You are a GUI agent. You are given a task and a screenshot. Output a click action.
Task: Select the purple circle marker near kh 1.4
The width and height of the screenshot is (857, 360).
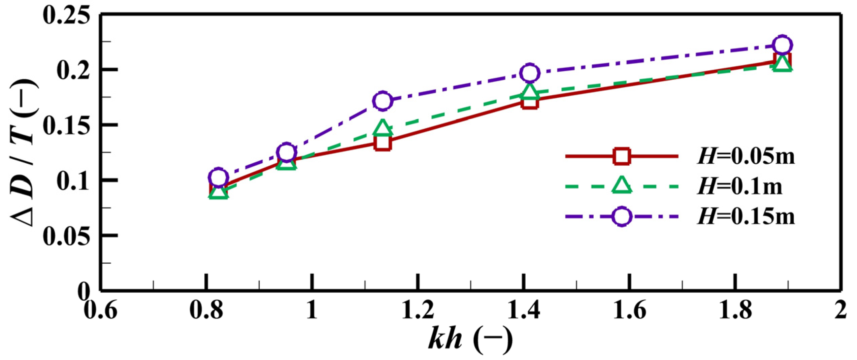pyautogui.click(x=530, y=73)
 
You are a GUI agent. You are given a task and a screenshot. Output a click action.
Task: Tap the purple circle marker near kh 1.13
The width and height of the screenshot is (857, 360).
pyautogui.click(x=383, y=101)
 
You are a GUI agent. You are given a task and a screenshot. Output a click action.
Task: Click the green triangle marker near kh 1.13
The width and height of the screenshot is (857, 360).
pyautogui.click(x=383, y=127)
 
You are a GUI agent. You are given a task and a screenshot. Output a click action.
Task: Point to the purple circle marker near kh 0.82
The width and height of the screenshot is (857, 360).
pyautogui.click(x=218, y=177)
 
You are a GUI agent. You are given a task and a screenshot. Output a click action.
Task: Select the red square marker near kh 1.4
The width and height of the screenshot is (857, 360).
pyautogui.click(x=530, y=101)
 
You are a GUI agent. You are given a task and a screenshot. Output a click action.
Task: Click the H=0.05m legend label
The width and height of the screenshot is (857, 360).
pyautogui.click(x=746, y=156)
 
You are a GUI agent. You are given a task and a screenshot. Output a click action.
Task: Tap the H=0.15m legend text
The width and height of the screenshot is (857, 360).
pyautogui.click(x=746, y=216)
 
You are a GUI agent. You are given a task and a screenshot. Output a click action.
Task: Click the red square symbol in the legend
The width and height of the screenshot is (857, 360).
pyautogui.click(x=621, y=156)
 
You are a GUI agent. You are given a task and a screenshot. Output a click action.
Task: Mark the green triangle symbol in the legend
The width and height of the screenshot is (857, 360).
pyautogui.click(x=621, y=186)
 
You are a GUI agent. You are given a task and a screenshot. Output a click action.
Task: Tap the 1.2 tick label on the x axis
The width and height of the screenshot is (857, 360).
pyautogui.click(x=418, y=310)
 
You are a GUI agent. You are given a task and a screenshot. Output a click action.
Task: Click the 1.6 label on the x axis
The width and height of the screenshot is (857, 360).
pyautogui.click(x=629, y=310)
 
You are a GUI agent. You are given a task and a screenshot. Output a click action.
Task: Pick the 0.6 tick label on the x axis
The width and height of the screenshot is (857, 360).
pyautogui.click(x=100, y=310)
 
